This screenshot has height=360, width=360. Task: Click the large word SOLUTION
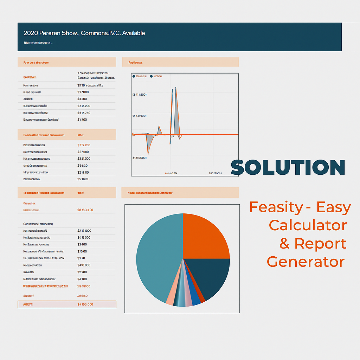(288, 167)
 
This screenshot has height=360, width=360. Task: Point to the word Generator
(306, 262)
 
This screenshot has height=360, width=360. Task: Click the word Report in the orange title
(320, 243)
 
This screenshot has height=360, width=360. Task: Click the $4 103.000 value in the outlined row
(85, 304)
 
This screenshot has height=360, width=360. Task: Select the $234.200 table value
(84, 106)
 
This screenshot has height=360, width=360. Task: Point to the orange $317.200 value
(84, 145)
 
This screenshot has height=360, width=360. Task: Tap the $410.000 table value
(84, 265)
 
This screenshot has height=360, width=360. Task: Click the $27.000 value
(83, 152)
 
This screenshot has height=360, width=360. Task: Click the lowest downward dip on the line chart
(148, 154)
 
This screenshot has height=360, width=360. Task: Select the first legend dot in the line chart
(134, 76)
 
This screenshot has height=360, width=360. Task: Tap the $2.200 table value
(82, 272)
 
